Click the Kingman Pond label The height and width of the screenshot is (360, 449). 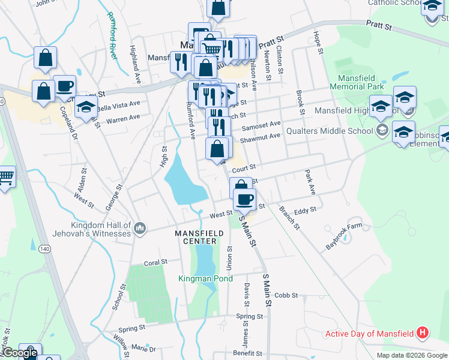point(205,278)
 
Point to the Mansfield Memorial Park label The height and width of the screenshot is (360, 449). point(361,82)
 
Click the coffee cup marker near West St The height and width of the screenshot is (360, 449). point(244,199)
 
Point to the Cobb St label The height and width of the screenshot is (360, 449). point(286,295)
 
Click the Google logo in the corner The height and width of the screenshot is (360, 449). point(20,353)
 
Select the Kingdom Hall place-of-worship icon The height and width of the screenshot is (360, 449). point(139,227)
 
